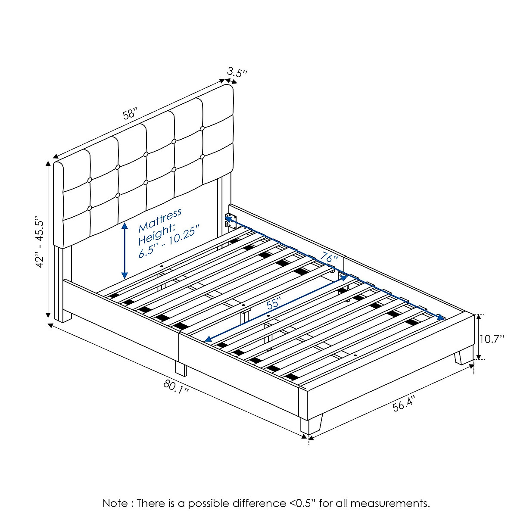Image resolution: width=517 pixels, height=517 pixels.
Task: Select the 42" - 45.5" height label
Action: coord(40,242)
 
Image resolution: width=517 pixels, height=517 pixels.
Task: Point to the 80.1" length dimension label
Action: coord(176,386)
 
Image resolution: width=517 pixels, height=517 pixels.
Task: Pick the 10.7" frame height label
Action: coord(492,339)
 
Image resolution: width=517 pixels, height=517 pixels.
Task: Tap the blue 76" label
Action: coord(329,259)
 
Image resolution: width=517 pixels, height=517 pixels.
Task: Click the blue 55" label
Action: coord(274,304)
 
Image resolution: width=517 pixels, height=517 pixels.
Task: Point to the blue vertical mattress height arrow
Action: coord(125,251)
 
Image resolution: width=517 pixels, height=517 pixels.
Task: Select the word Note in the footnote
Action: coord(115,503)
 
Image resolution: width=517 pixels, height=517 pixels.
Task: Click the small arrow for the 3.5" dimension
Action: coord(228,81)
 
